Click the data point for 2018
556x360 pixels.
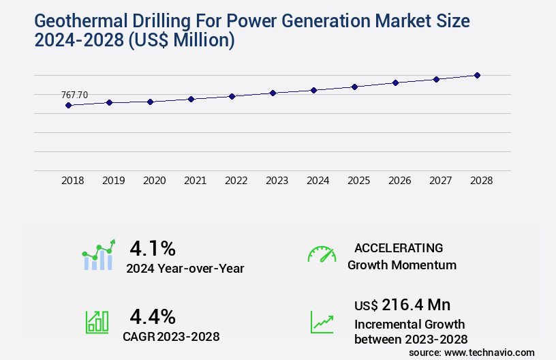(68, 105)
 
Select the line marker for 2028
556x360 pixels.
(477, 75)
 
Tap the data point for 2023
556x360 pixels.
(273, 93)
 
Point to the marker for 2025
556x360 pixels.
(354, 87)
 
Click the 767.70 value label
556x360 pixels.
(74, 95)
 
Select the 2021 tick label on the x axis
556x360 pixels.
(195, 181)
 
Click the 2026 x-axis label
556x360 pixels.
(399, 181)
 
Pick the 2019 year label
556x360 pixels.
(113, 181)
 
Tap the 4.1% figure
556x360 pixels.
(153, 247)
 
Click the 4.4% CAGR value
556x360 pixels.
(153, 316)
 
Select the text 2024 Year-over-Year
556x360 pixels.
(185, 269)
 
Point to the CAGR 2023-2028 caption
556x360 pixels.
(171, 336)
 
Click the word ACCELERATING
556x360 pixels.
(399, 247)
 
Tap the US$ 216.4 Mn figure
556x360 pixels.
(402, 305)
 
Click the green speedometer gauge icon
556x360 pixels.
(322, 254)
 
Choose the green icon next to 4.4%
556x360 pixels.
(97, 322)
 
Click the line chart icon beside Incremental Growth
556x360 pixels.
(322, 322)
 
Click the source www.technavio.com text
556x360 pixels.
(472, 352)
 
